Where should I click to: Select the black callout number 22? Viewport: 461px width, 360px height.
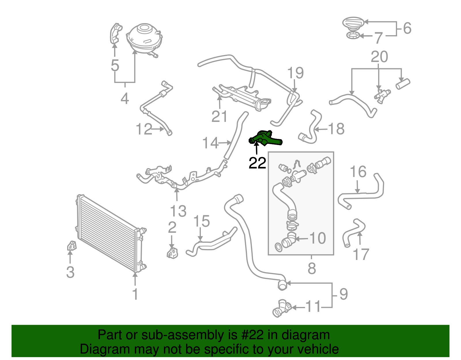[x=257, y=163]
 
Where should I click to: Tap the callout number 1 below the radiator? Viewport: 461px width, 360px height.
[x=135, y=294]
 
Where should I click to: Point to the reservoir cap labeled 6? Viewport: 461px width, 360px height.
[x=353, y=22]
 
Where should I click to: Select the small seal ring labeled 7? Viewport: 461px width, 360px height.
[x=353, y=36]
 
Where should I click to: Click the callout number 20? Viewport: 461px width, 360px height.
[x=379, y=57]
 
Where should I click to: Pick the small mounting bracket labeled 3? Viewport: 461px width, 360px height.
[x=71, y=246]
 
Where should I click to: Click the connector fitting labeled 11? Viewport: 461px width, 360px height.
[x=281, y=309]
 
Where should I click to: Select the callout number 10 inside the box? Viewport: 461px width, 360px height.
[x=317, y=238]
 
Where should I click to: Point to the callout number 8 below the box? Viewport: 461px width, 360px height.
[x=312, y=268]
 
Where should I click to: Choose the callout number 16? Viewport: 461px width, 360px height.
[x=358, y=172]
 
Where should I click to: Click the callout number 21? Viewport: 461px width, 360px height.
[x=220, y=117]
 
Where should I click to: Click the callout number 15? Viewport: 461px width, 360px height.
[x=201, y=221]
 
